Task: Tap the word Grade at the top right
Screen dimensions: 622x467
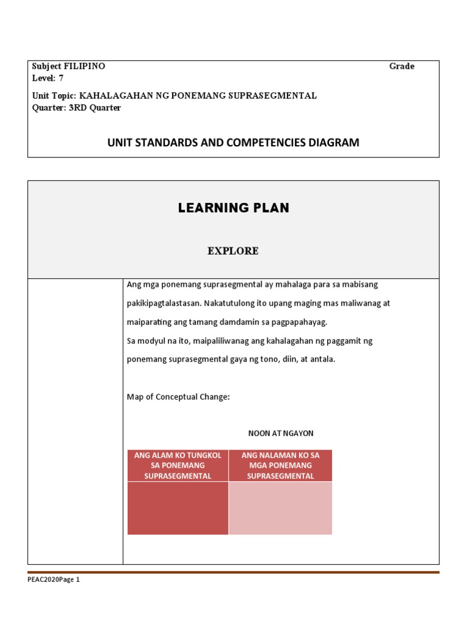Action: [402, 66]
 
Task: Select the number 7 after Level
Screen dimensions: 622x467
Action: [61, 78]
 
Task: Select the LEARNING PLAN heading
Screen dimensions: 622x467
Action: [233, 208]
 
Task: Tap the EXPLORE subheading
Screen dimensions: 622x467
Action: [233, 251]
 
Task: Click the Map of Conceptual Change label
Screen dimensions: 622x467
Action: [178, 397]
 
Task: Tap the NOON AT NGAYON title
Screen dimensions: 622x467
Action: [281, 433]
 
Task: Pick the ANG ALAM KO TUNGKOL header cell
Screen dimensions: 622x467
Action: [178, 465]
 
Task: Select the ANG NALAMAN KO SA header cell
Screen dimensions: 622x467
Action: [280, 465]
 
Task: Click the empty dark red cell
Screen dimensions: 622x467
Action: [178, 508]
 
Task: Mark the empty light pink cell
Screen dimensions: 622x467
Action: [280, 508]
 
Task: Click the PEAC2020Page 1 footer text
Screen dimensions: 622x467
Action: [54, 579]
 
